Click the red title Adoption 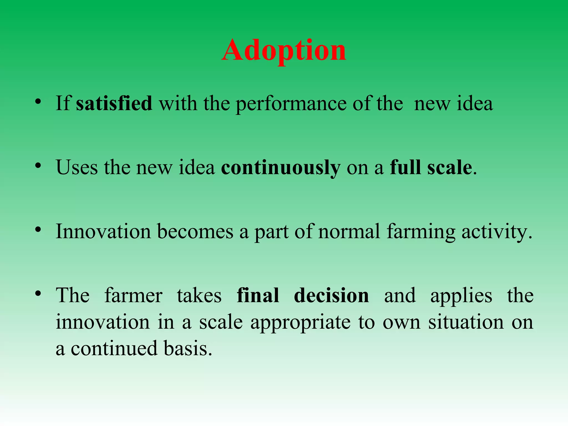tap(284, 51)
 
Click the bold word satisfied tap(114, 103)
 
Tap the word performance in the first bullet tap(291, 104)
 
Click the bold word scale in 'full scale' tap(450, 168)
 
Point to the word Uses tap(77, 168)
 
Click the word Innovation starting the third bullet tap(103, 232)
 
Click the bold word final tap(258, 295)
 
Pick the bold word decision tap(331, 295)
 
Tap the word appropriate tap(300, 323)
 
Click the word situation tap(466, 322)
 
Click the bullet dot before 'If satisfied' tap(38, 102)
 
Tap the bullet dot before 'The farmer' tap(38, 294)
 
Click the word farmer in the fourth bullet tap(133, 295)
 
